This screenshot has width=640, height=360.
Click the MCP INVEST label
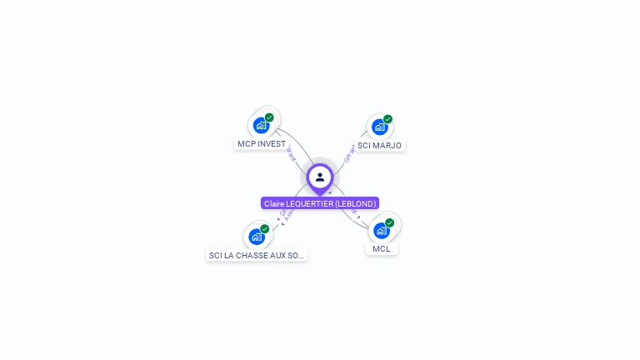261,143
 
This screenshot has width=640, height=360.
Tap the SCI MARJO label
379,145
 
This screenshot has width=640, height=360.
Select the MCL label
382,248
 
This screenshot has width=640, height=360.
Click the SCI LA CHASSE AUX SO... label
257,255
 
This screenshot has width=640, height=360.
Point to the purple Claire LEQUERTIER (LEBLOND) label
320,203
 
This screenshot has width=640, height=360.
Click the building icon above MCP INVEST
262,126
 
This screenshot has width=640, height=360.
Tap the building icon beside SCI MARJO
380,127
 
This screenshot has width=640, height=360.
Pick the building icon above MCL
382,231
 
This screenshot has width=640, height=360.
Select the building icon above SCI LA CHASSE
257,237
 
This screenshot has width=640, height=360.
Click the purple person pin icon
320,177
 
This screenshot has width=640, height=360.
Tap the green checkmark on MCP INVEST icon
269,117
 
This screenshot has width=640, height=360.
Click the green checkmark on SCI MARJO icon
387,119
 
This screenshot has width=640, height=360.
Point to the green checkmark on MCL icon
389,222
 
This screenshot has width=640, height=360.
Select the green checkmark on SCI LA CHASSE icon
264,228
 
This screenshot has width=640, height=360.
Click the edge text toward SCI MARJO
350,153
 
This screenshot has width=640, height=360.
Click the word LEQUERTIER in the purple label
307,203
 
